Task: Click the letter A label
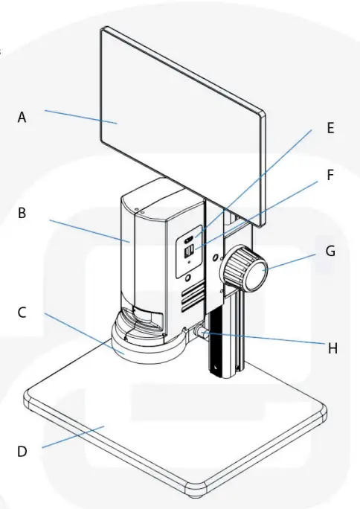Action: (x=22, y=117)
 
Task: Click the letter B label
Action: (x=22, y=213)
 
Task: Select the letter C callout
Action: (x=22, y=313)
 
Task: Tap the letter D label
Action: (x=22, y=451)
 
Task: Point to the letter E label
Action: (x=330, y=127)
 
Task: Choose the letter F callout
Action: (x=330, y=176)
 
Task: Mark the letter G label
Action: (x=330, y=252)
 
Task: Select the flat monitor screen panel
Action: (x=182, y=123)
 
